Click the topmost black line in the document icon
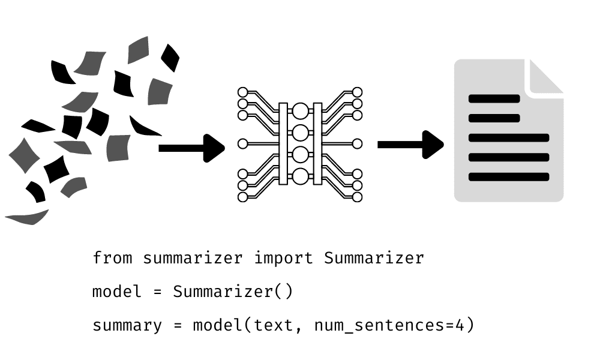(x=494, y=99)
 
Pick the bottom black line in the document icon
(x=509, y=177)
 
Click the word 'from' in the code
(x=112, y=258)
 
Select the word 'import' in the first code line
(x=283, y=258)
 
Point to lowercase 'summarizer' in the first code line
(x=193, y=258)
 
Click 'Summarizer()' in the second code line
(x=233, y=292)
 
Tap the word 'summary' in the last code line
(x=127, y=326)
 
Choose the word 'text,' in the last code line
(x=279, y=326)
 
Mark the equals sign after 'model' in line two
(x=158, y=292)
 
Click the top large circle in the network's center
(x=300, y=110)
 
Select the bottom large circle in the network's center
(x=300, y=176)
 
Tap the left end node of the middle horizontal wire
(x=243, y=143)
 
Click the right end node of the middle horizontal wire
(x=357, y=143)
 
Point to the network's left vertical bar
(x=283, y=143)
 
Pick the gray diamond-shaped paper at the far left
(x=24, y=155)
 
